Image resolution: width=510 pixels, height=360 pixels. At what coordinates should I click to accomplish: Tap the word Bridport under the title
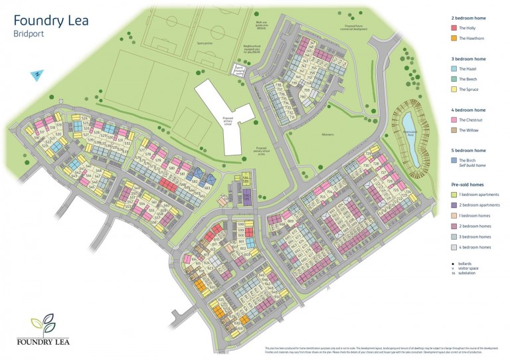(x=29, y=33)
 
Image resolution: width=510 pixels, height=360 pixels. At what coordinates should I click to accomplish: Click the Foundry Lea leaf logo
(x=44, y=323)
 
